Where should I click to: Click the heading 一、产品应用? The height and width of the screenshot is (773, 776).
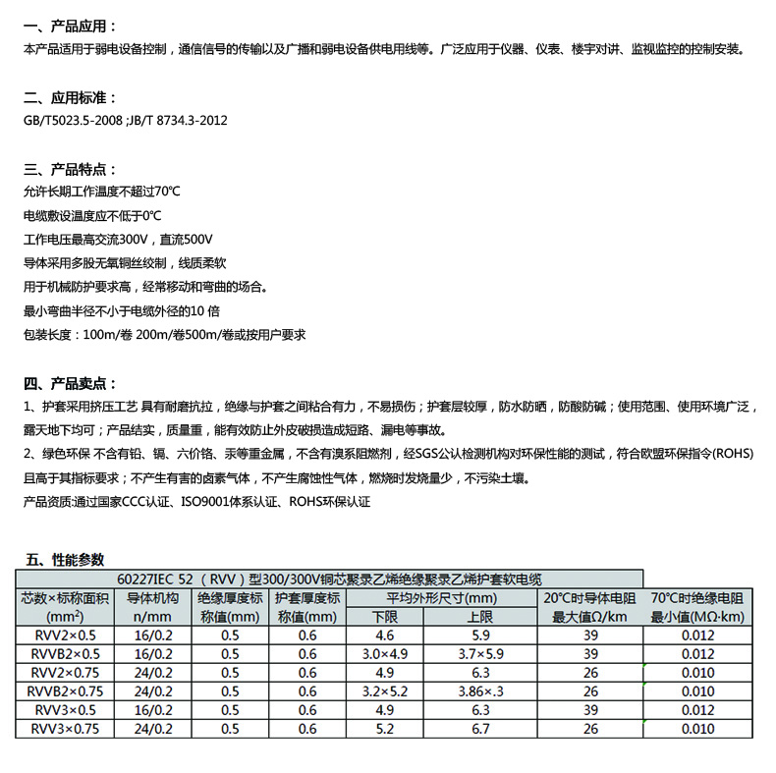click(x=70, y=26)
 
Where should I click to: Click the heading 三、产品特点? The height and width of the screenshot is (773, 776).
click(x=70, y=169)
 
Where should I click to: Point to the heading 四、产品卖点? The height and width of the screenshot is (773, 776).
click(x=70, y=383)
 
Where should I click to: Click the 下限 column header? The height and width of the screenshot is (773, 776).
click(x=385, y=617)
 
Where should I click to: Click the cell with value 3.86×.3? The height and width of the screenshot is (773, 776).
click(x=481, y=691)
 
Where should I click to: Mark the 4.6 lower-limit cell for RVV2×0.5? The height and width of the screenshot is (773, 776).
click(x=385, y=635)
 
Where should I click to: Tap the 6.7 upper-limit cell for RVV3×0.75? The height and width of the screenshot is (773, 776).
click(x=479, y=729)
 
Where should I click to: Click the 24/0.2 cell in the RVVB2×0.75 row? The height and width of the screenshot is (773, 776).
click(x=152, y=691)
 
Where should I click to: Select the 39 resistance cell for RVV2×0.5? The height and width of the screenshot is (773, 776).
click(x=590, y=635)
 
